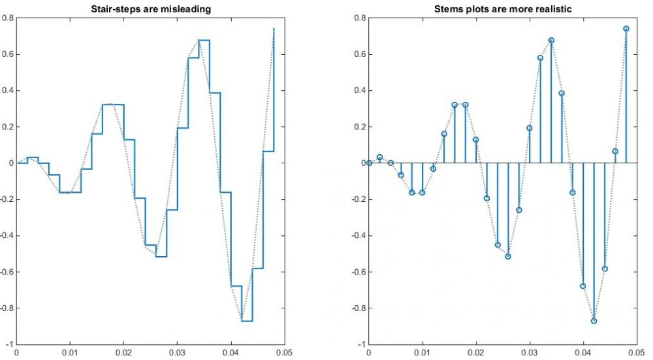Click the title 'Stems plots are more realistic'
tap(502, 8)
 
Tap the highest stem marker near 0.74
tap(626, 29)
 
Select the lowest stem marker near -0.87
tap(594, 321)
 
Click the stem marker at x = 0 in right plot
tap(369, 163)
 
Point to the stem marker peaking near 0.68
tap(551, 40)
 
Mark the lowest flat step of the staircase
tap(247, 321)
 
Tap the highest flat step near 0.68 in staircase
tap(204, 40)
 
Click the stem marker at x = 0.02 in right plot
tap(476, 140)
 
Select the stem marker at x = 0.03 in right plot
tap(530, 128)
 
